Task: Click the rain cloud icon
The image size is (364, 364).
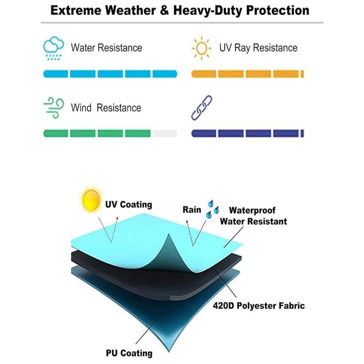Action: click(x=53, y=48)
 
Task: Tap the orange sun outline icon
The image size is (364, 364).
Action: click(x=202, y=48)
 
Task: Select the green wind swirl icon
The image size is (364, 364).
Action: click(x=54, y=108)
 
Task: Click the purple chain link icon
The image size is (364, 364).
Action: click(x=202, y=108)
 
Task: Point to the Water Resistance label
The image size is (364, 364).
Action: click(x=106, y=48)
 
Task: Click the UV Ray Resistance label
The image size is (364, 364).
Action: click(x=258, y=48)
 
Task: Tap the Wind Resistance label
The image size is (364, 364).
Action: click(x=106, y=108)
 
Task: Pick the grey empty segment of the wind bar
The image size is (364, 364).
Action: click(x=165, y=133)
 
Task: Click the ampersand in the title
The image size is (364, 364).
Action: click(x=164, y=10)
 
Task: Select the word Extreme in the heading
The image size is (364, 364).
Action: click(x=76, y=10)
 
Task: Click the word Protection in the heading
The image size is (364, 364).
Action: click(x=278, y=10)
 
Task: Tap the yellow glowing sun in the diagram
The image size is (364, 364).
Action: click(x=91, y=200)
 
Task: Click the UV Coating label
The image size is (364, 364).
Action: click(x=129, y=204)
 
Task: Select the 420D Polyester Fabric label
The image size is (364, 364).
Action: click(x=259, y=305)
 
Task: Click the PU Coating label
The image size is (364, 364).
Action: click(x=129, y=353)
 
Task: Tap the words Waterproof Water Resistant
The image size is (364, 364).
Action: click(x=253, y=216)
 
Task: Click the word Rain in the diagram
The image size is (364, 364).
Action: click(x=192, y=210)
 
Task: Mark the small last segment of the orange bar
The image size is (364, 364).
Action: click(x=302, y=74)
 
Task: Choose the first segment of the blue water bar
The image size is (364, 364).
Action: click(x=56, y=74)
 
